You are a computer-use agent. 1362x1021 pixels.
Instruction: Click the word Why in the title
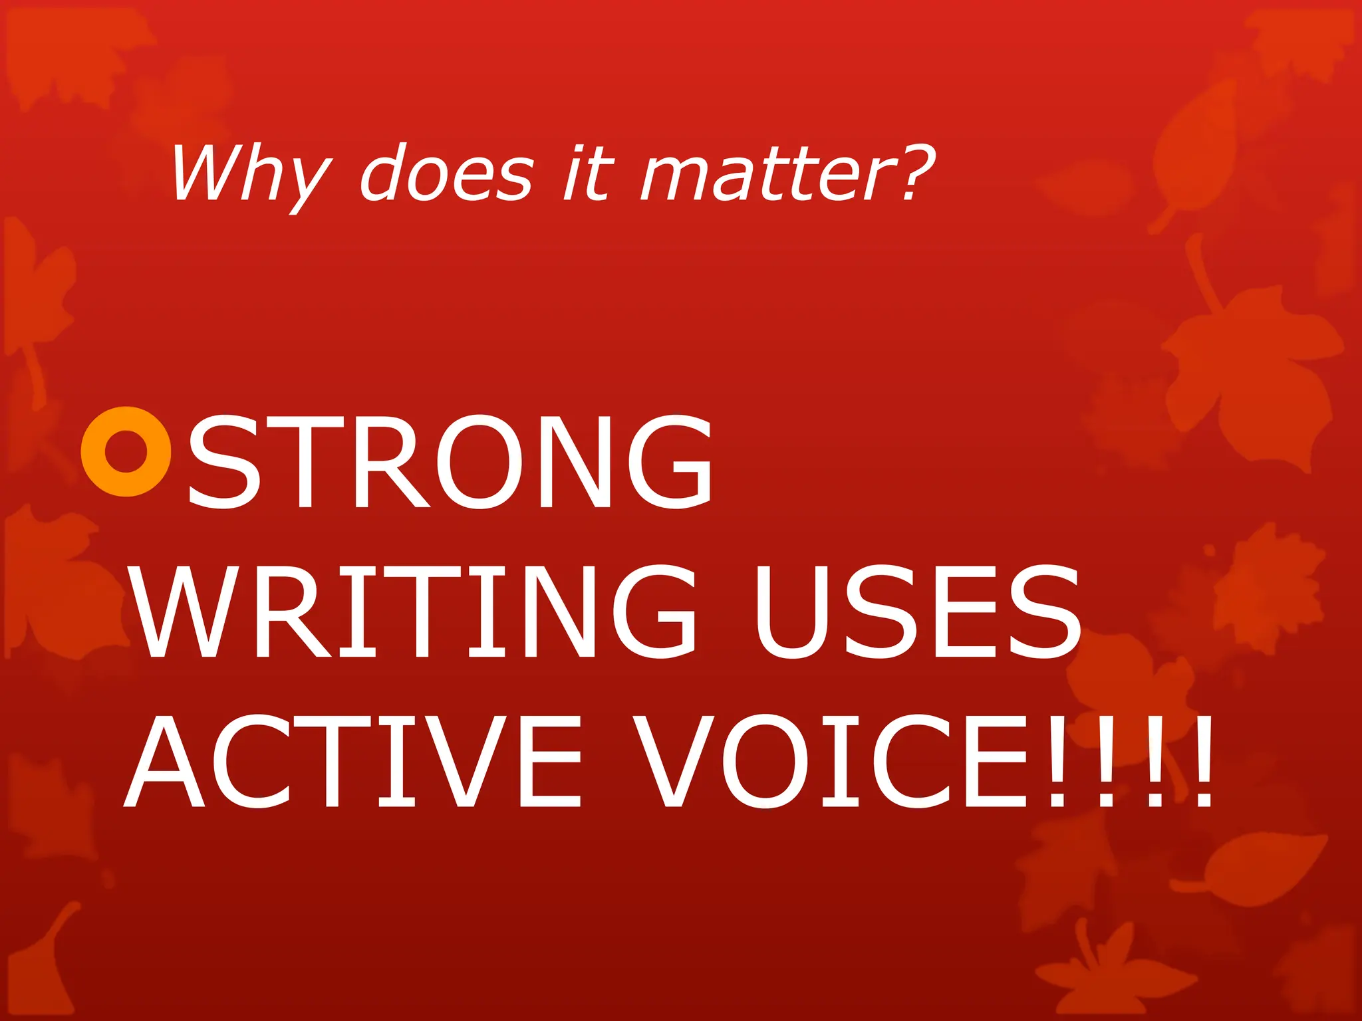tap(249, 174)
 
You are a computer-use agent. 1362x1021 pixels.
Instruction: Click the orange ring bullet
tap(126, 451)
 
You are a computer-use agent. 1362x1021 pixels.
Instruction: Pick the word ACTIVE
tap(353, 761)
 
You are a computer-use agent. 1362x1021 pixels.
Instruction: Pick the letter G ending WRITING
tap(654, 612)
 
